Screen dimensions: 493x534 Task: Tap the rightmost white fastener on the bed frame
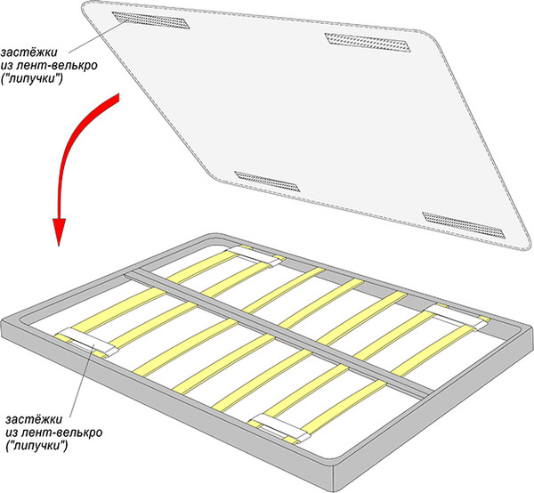(x=454, y=317)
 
